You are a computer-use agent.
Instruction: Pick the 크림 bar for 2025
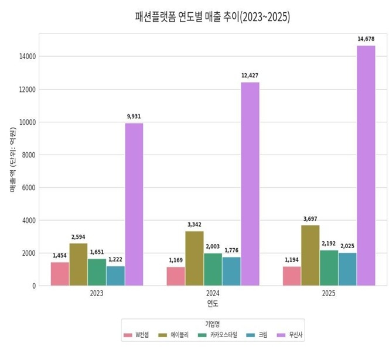click(347, 269)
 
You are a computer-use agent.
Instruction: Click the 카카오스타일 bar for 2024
click(213, 269)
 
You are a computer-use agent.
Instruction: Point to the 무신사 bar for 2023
click(134, 204)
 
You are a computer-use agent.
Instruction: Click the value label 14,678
click(366, 39)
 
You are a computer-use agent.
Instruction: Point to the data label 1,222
click(115, 259)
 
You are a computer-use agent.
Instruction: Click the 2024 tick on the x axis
click(213, 293)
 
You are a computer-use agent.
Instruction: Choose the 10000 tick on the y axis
click(29, 122)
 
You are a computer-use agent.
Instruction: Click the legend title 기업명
click(213, 324)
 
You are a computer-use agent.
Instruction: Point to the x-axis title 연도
click(213, 303)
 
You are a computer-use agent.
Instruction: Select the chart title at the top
click(213, 17)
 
